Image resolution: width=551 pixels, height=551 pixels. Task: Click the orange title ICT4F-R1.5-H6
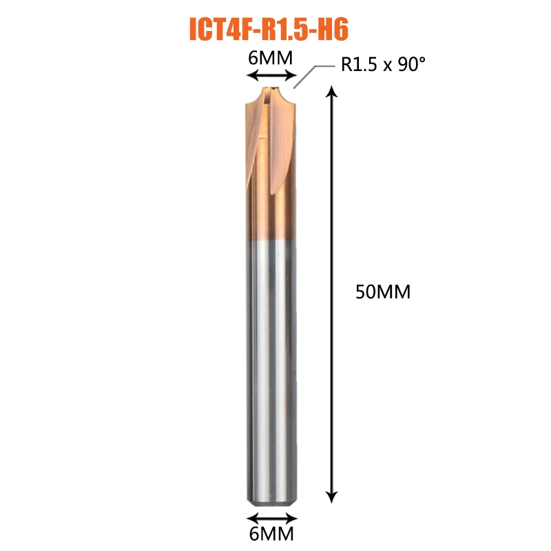click(x=269, y=30)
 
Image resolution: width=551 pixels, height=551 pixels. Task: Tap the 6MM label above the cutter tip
click(x=270, y=58)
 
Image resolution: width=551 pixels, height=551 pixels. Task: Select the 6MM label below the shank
click(x=271, y=534)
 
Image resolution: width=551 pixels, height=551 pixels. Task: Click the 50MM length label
click(x=383, y=292)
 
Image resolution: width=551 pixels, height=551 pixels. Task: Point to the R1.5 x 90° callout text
click(x=383, y=64)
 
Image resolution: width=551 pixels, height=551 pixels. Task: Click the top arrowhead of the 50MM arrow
click(x=332, y=91)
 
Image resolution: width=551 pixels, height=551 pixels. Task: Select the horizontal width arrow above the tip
click(x=271, y=75)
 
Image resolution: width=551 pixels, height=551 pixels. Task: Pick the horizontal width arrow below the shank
click(x=271, y=518)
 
